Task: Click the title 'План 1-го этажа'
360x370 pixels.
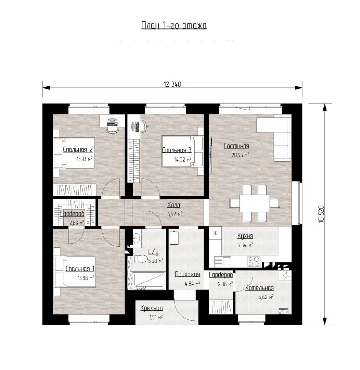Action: [174, 25]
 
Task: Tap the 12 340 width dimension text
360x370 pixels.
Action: [172, 84]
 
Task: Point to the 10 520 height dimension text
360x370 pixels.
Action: [321, 214]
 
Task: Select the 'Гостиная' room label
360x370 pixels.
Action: [236, 146]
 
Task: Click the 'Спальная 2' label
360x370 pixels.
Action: [78, 150]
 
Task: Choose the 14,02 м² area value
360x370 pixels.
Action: [183, 160]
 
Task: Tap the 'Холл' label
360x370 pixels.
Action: [174, 205]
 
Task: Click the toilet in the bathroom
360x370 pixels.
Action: [141, 259]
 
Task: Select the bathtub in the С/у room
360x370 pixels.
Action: [148, 281]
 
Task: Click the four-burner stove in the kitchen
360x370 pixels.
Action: [254, 261]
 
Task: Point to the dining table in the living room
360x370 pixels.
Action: [255, 203]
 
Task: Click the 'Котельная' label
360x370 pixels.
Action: [259, 288]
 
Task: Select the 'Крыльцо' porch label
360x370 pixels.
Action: [152, 308]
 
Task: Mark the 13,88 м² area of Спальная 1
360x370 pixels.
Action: [86, 278]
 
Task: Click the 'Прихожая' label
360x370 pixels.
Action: [188, 274]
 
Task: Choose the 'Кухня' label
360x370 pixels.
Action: [245, 236]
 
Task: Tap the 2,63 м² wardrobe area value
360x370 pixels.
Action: [77, 223]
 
